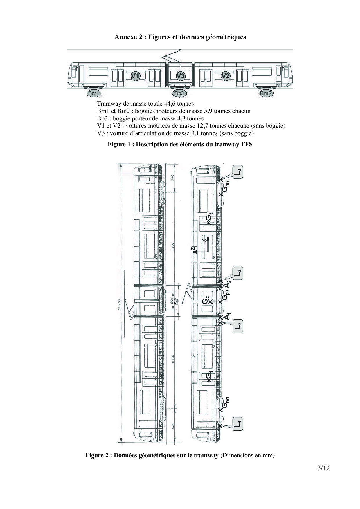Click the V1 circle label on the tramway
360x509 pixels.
pos(135,76)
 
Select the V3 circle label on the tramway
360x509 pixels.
pos(181,76)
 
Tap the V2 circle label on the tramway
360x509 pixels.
pos(225,76)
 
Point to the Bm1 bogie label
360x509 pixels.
pos(94,93)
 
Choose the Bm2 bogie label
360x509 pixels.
pos(266,93)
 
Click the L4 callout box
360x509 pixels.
pos(237,172)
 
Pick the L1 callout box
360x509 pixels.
pos(237,424)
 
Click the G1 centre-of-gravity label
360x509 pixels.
pos(210,377)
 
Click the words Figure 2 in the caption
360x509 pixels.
pos(97,455)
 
